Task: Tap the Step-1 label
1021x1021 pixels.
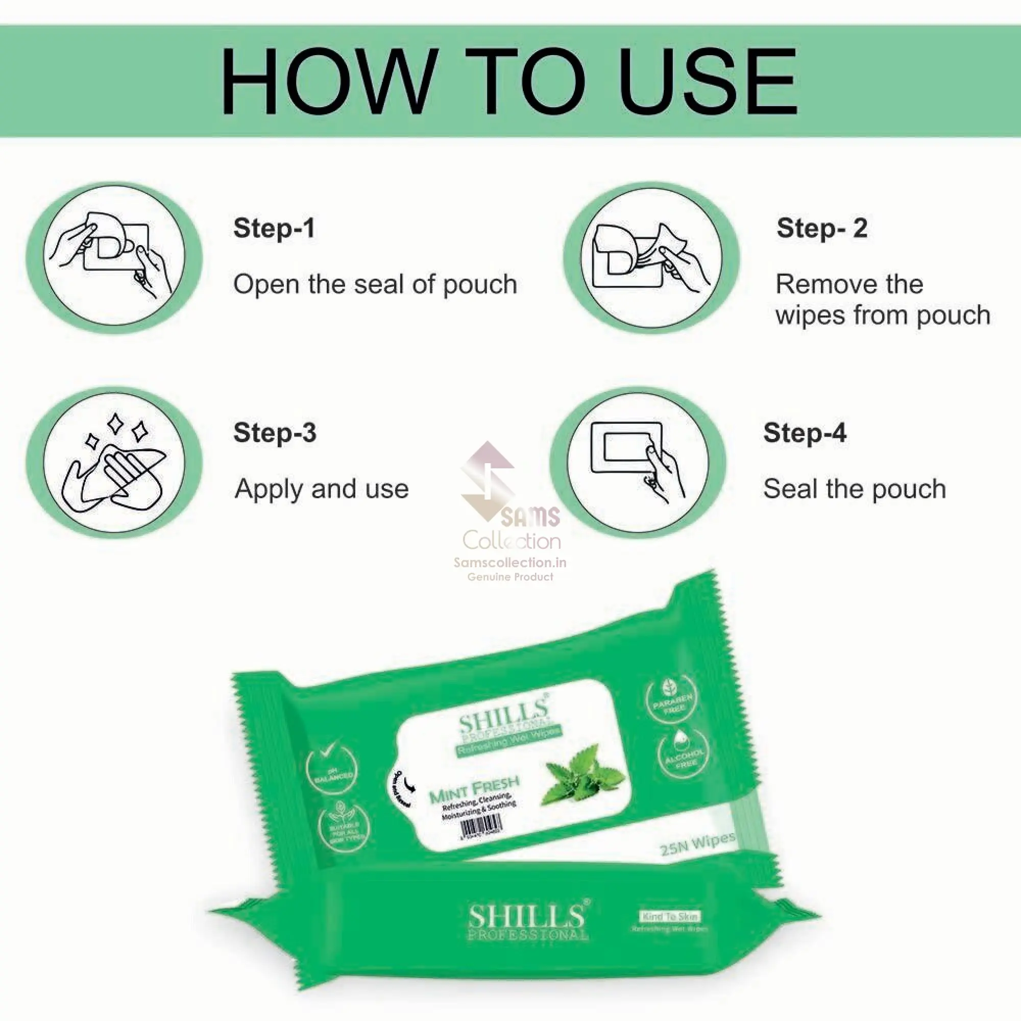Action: click(274, 228)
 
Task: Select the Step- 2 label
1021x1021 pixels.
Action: click(822, 228)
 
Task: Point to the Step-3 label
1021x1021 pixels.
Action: click(275, 432)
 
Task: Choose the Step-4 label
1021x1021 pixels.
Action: click(805, 432)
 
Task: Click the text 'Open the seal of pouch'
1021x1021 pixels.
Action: click(375, 284)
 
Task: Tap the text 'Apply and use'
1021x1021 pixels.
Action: click(321, 489)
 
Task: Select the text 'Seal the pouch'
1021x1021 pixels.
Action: click(854, 489)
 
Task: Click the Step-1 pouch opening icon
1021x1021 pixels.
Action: click(114, 258)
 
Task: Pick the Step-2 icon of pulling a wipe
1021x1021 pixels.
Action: click(651, 258)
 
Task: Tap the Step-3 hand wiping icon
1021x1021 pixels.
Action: click(114, 463)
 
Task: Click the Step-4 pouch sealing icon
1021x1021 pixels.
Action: click(638, 463)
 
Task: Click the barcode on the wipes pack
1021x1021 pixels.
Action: click(481, 825)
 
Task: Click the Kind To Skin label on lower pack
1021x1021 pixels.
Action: click(670, 917)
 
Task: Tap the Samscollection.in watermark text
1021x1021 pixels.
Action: click(510, 563)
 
